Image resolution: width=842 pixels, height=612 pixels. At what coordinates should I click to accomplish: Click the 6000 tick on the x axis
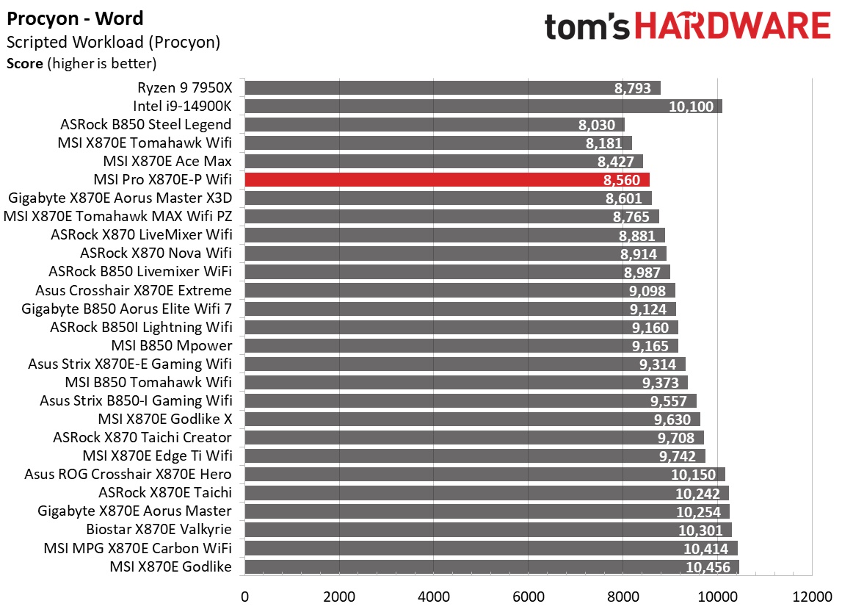click(528, 595)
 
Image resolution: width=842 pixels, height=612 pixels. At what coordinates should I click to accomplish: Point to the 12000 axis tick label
click(811, 595)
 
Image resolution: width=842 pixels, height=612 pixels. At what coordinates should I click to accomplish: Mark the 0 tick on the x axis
click(244, 595)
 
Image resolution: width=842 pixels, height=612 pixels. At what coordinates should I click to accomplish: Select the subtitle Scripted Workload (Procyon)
click(113, 43)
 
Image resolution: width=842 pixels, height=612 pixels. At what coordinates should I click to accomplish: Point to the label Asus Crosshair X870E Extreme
click(134, 290)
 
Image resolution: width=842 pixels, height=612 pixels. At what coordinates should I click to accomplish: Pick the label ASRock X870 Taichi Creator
click(142, 438)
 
